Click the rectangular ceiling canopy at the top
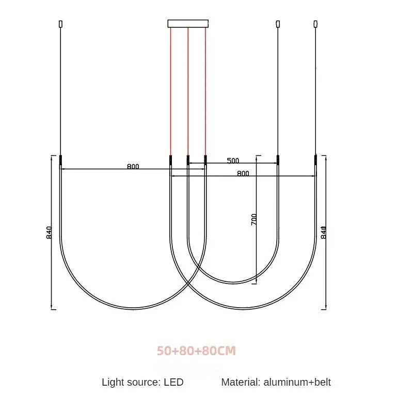pos(188,23)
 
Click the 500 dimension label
pos(233,160)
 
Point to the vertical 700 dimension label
pos(254,219)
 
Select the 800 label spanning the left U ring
pos(133,166)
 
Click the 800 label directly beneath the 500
pos(243,173)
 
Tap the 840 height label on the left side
pos(49,233)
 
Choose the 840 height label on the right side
pos(324,232)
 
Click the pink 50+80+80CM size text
pos(196,351)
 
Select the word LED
pos(174,383)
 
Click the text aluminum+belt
pos(297,383)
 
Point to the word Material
pos(240,383)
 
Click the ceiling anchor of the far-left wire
pos(61,24)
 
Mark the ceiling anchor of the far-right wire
pos(316,24)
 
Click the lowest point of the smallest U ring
pos(233,282)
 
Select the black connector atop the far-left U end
pos(61,160)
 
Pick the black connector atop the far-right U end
pos(316,160)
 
